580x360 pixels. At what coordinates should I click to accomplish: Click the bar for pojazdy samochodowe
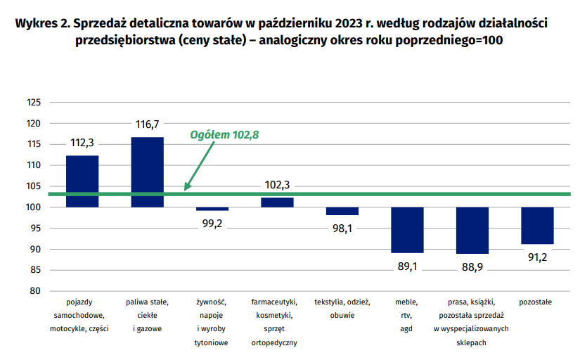click(x=82, y=181)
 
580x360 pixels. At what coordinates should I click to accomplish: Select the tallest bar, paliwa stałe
click(x=147, y=172)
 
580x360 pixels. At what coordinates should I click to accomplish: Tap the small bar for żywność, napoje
click(x=212, y=209)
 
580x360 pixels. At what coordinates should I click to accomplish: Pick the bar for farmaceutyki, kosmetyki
click(x=277, y=202)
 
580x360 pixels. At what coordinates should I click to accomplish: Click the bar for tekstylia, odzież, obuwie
click(x=342, y=211)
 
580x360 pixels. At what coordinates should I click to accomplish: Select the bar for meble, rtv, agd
click(x=407, y=230)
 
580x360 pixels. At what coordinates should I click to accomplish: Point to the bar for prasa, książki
click(x=472, y=231)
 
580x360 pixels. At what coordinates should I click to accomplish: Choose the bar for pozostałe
click(x=537, y=226)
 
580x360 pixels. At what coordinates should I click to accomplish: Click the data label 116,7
click(x=147, y=124)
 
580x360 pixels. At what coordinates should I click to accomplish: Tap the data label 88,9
click(x=472, y=266)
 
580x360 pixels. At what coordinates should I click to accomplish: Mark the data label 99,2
click(x=212, y=224)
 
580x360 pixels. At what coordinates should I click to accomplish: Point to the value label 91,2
click(x=537, y=257)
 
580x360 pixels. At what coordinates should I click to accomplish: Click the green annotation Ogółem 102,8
click(x=224, y=135)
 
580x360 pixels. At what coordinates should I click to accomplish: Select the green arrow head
click(x=187, y=186)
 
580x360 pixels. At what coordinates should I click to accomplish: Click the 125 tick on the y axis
click(x=34, y=102)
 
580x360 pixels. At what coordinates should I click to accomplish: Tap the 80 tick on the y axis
click(x=35, y=291)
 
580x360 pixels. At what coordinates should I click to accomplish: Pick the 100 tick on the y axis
click(x=33, y=207)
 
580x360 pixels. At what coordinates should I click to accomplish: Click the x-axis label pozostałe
click(x=535, y=302)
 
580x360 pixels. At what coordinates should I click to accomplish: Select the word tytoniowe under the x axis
click(x=211, y=342)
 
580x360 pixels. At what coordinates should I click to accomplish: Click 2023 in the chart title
click(x=349, y=23)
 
